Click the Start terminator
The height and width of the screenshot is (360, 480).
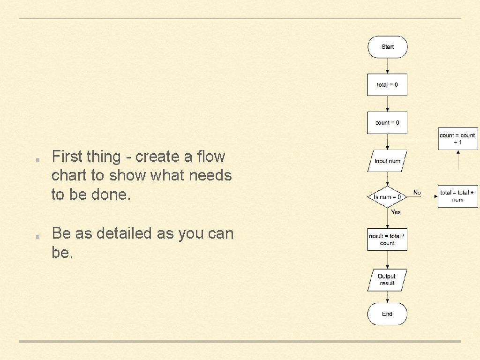click(x=387, y=47)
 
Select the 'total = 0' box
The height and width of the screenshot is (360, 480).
click(x=387, y=85)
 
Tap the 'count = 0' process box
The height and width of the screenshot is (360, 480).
click(x=387, y=123)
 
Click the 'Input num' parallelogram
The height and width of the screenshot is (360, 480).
click(x=387, y=161)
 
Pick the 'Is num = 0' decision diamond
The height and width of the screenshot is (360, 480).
click(x=387, y=197)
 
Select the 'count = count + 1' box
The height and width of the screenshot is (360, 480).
click(x=457, y=139)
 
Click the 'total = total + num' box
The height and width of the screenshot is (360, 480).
click(x=457, y=196)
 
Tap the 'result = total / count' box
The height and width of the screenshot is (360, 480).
click(x=387, y=240)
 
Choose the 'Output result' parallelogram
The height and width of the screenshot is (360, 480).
click(x=387, y=280)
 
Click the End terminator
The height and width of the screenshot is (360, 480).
click(x=387, y=314)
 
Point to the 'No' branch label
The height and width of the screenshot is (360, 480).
click(x=417, y=193)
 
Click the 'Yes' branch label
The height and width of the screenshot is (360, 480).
click(x=396, y=212)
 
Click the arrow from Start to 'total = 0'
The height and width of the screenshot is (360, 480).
click(x=387, y=66)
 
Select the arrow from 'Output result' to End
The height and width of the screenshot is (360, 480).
click(x=387, y=297)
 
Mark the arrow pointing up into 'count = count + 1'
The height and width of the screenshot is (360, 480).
click(x=458, y=160)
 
